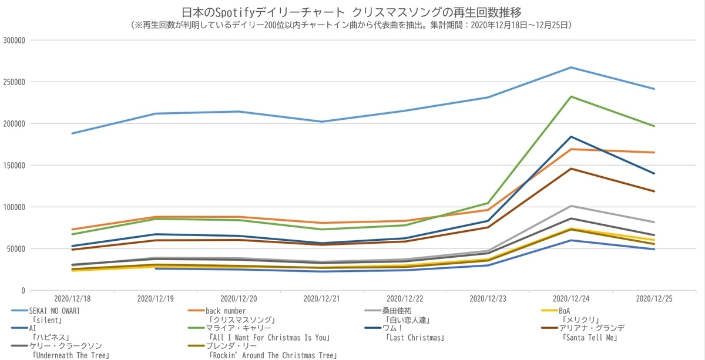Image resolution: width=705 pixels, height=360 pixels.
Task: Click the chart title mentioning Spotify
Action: [352, 12]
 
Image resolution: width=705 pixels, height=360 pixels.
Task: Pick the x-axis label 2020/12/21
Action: [321, 299]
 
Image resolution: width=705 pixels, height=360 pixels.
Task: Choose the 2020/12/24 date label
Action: [571, 299]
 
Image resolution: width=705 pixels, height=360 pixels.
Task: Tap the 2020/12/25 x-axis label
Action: [654, 299]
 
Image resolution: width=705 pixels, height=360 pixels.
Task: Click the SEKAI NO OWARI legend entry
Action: [54, 311]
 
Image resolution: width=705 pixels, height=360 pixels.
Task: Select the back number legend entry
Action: [226, 311]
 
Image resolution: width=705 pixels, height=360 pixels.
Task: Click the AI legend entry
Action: [33, 328]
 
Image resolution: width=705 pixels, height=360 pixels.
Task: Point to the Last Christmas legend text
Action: [414, 338]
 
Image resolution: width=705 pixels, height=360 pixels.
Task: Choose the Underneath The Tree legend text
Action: [70, 355]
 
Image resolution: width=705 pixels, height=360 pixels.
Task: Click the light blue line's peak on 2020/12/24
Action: [571, 68]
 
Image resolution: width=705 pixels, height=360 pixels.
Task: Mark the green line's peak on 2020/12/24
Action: [571, 97]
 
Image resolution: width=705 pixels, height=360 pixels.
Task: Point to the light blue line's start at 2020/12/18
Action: [72, 133]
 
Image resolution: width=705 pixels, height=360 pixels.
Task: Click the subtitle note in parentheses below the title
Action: [352, 25]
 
